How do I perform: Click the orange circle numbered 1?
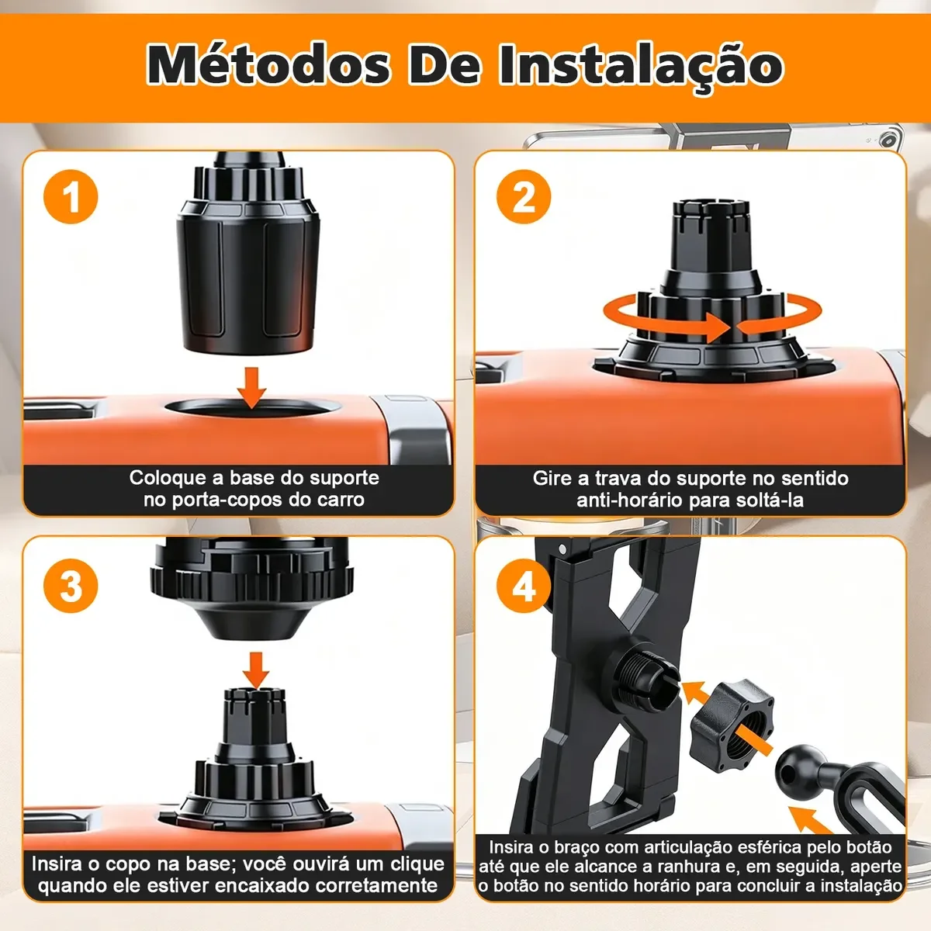point(71,196)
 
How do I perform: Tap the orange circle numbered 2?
point(524,196)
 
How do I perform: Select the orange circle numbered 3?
point(71,586)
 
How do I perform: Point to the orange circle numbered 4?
point(524,586)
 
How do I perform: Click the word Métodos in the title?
point(268,65)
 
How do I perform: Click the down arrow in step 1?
point(251,387)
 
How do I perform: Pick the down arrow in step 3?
point(256,670)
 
